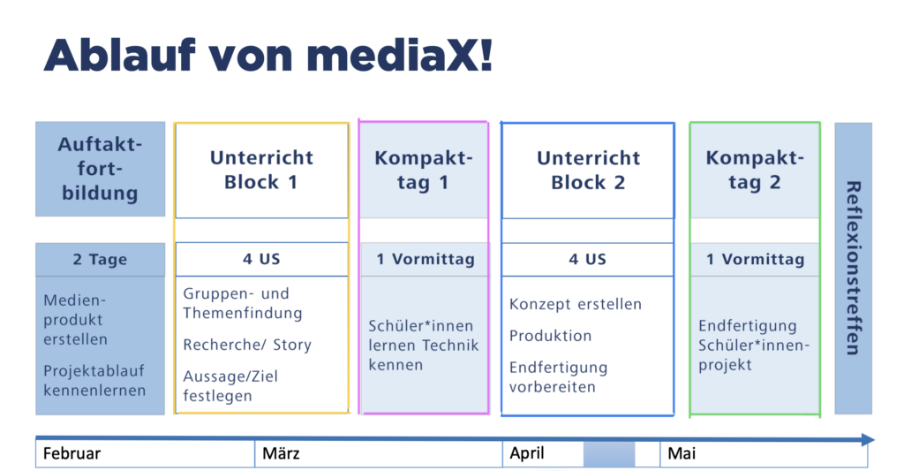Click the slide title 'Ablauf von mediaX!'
268,56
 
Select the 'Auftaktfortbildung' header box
101,169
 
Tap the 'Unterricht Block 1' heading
261,170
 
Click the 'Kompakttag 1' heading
423,170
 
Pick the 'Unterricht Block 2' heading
588,171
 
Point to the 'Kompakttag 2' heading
755,170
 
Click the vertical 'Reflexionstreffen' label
854,268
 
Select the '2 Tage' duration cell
101,259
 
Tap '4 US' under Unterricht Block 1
261,259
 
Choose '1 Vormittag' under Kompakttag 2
756,259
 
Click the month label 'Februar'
72,453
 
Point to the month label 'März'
281,453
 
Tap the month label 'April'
527,453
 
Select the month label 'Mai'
682,453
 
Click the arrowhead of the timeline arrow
869,440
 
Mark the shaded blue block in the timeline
609,454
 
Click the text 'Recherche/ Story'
247,345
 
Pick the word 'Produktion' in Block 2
550,336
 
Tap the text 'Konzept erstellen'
576,304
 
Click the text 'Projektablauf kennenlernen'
94,380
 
